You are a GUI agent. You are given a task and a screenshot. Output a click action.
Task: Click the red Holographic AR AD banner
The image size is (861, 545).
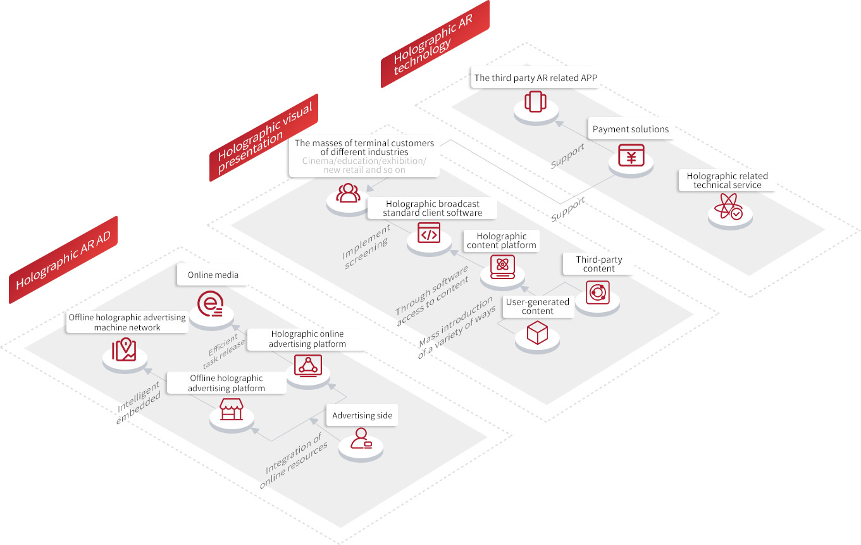tap(63, 260)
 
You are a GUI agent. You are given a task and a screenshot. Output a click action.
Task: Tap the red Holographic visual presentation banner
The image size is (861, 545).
tap(264, 137)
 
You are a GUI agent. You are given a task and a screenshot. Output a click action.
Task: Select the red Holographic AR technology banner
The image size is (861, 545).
tap(435, 44)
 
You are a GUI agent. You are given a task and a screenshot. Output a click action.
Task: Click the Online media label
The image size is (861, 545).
tap(213, 275)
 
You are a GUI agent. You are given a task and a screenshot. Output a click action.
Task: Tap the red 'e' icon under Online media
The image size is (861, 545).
tap(210, 303)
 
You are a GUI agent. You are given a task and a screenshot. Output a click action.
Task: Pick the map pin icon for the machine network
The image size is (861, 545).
tap(124, 349)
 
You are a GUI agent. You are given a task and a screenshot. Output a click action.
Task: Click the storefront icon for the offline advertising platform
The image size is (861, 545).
tap(232, 409)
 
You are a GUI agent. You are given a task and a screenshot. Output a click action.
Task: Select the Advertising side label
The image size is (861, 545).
tap(362, 415)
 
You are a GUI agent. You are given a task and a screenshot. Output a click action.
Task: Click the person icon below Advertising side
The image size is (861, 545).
tap(361, 439)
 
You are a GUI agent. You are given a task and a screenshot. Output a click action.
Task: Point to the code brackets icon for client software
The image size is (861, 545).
tap(429, 233)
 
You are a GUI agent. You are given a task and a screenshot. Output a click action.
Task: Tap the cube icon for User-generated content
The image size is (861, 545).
tap(537, 332)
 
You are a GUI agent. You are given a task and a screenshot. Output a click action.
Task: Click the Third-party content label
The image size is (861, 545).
tap(598, 264)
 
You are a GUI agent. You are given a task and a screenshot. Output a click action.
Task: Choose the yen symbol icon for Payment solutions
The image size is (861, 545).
tap(631, 155)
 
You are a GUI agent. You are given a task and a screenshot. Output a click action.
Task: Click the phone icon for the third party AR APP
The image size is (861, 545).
tap(535, 101)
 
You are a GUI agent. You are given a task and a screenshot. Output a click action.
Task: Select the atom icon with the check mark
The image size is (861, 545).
tap(728, 206)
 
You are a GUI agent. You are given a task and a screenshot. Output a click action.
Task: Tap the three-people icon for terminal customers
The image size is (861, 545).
tap(348, 192)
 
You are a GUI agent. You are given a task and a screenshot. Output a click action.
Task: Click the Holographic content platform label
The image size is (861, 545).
tap(501, 241)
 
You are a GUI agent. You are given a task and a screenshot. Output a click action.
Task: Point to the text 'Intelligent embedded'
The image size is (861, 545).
tap(138, 403)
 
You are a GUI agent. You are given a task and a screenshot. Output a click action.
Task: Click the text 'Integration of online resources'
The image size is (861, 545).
tap(294, 460)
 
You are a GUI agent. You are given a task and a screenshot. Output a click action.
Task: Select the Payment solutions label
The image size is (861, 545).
tap(630, 129)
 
